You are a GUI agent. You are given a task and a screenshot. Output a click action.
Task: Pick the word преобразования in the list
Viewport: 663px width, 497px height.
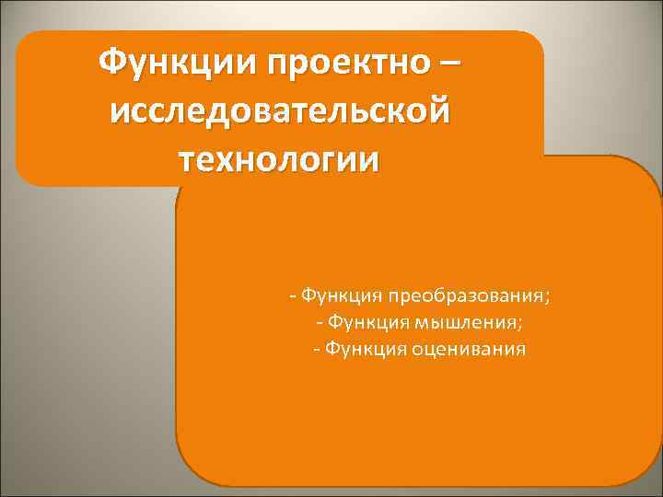click(465, 297)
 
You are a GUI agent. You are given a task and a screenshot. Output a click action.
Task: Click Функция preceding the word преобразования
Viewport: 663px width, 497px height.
click(342, 297)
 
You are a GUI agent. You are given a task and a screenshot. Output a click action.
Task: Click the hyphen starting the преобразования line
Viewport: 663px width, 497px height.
click(292, 297)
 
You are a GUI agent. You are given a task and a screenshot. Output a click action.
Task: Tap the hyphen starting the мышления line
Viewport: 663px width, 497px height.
click(318, 323)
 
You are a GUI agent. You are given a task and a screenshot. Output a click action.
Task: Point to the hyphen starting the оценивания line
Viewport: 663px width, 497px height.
click(317, 349)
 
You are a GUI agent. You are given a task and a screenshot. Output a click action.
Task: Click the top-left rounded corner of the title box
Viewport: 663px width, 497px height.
click(24, 39)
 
